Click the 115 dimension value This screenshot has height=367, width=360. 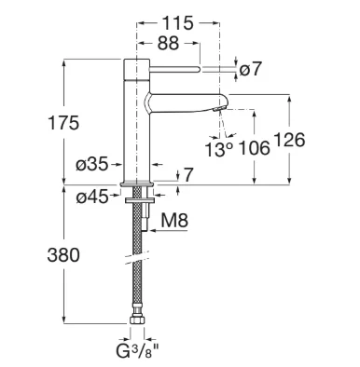point(178,23)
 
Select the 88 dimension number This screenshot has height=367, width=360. point(168,44)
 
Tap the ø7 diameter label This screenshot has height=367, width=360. point(250,69)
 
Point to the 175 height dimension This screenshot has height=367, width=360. point(63,123)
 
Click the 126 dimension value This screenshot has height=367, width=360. point(289,140)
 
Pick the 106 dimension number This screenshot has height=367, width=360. point(254,148)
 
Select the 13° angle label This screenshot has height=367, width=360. point(219,150)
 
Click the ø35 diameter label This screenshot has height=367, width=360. point(92,164)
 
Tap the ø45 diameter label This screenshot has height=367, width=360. point(92,197)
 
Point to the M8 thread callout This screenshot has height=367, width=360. point(174,222)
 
